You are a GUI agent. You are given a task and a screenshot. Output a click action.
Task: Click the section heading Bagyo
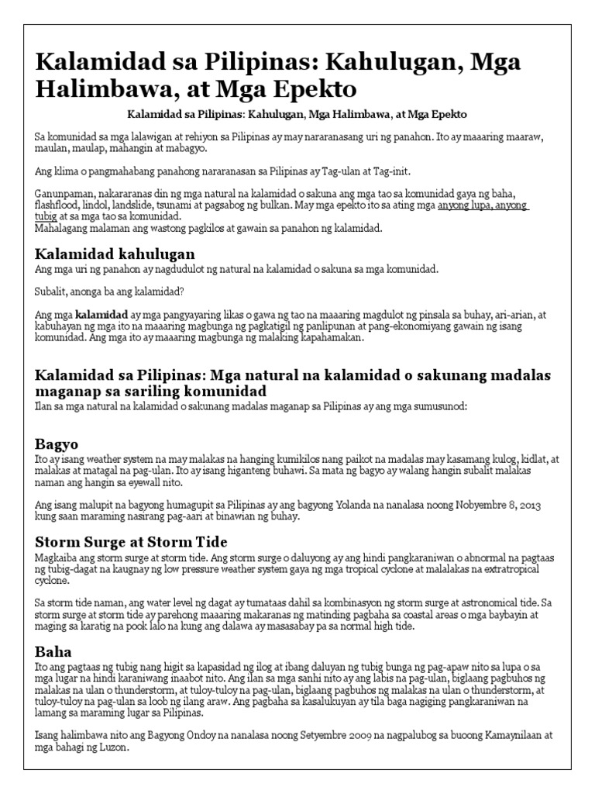point(57,444)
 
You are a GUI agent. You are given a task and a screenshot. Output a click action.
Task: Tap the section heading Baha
point(53,652)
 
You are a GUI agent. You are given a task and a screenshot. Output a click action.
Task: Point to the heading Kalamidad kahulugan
point(115,254)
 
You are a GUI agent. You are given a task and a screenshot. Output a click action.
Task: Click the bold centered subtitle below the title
point(297,114)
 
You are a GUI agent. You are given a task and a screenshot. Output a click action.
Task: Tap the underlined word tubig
point(46,217)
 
